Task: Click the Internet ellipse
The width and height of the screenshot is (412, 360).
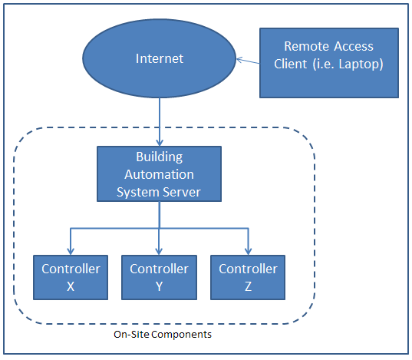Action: [x=160, y=59]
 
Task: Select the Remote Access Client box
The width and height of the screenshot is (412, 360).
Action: [x=328, y=63]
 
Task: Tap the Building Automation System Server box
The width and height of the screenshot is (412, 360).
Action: [x=159, y=175]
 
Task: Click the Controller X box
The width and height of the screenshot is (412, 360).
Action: [x=71, y=277]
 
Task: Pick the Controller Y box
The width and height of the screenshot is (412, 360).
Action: [x=159, y=277]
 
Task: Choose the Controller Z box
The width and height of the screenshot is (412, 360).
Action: [x=248, y=277]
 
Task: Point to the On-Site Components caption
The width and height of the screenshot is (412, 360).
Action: [x=162, y=335]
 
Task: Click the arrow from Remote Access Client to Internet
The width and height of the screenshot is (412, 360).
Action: [x=248, y=61]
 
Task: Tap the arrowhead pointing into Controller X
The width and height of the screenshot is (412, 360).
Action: [x=71, y=250]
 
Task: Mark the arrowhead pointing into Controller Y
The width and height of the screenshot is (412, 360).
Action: [x=159, y=250]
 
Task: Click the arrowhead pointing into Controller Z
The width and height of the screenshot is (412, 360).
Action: [x=248, y=250]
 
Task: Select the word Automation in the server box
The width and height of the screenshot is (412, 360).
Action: [x=159, y=174]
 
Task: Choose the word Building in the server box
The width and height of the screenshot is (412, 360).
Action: [x=159, y=157]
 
